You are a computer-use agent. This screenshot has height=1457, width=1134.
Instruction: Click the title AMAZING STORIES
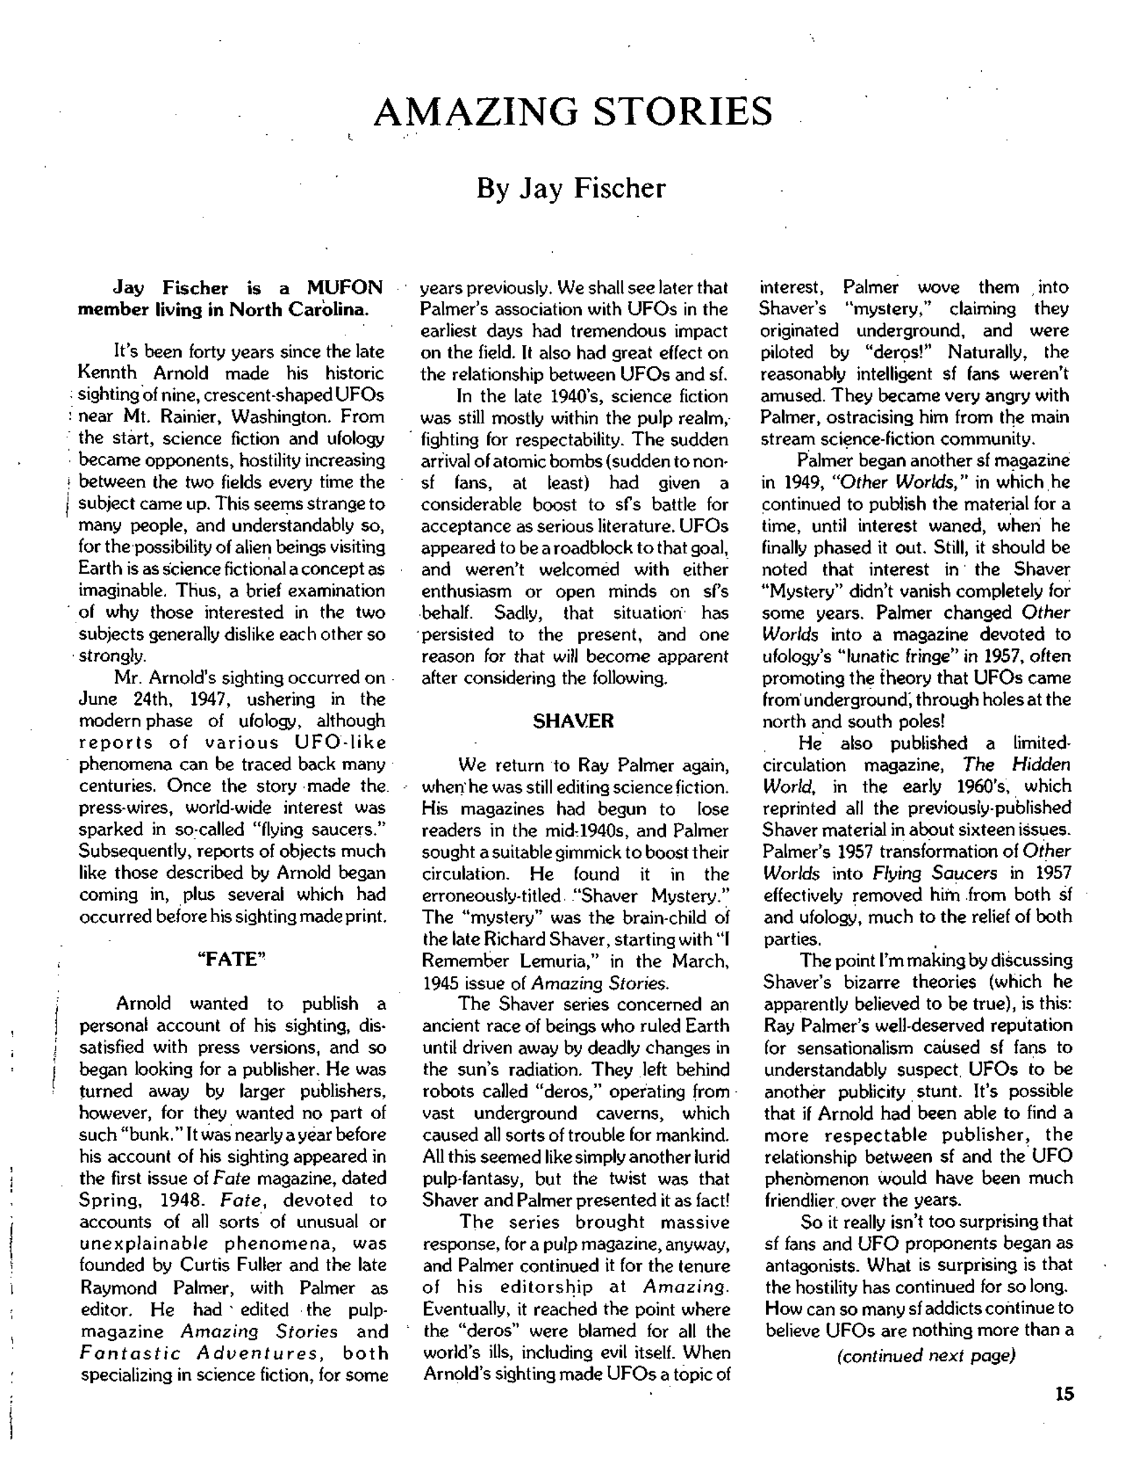pos(573,111)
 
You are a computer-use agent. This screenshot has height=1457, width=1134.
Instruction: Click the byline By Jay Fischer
pos(571,189)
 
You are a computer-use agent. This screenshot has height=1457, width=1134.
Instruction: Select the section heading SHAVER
pos(573,721)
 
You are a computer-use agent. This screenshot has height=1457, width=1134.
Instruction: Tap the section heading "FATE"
pos(232,959)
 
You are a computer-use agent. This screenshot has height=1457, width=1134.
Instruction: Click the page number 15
pos(1065,1394)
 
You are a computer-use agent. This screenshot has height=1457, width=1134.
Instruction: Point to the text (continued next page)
pos(926,1356)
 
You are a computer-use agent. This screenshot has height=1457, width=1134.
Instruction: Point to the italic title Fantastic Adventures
pos(200,1353)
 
